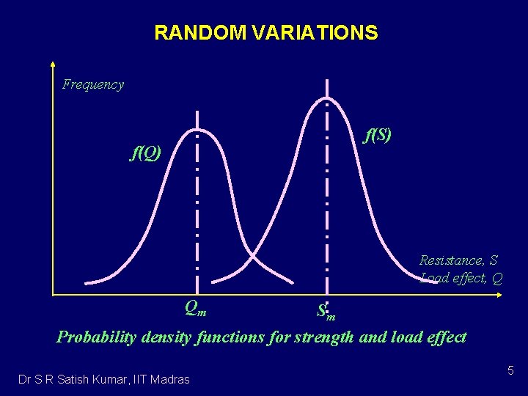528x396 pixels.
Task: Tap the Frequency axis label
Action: [x=93, y=84]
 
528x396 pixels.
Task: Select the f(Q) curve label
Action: [x=145, y=153]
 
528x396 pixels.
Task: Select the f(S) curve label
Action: [x=378, y=135]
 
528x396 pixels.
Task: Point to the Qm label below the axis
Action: [x=195, y=309]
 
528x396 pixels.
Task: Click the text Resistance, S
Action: [x=458, y=260]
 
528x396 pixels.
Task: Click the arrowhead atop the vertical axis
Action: [x=54, y=64]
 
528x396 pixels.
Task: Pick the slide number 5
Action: [x=510, y=373]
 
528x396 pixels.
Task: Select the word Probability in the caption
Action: [x=95, y=337]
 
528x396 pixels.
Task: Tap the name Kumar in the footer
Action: [x=112, y=379]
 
